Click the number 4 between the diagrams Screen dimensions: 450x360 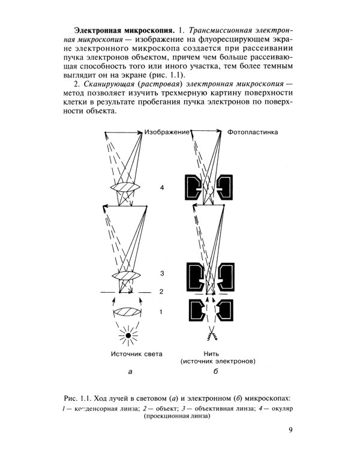pos(162,188)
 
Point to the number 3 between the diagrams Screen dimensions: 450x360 pos(162,274)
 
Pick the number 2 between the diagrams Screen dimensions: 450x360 pos(162,292)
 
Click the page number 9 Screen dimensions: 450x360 pos(290,430)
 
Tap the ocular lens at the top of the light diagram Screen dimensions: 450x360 pos(126,188)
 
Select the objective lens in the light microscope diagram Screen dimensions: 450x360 pos(126,275)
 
